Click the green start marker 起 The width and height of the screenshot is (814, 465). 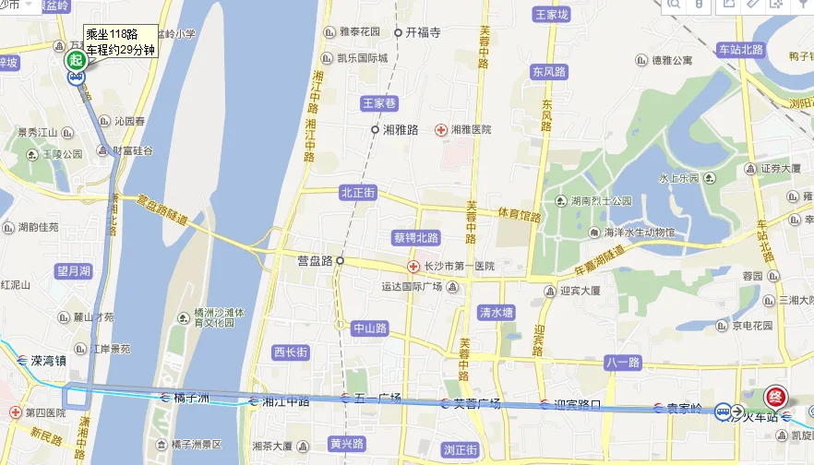pos(75,59)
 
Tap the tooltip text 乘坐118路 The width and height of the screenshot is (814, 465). pos(111,34)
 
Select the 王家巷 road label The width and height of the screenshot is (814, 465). pos(377,103)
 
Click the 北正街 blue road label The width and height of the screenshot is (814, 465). pos(357,193)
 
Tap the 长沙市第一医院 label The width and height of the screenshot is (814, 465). pos(459,266)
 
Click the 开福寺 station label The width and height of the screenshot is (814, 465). pos(423,32)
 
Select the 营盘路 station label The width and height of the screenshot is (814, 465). pos(314,261)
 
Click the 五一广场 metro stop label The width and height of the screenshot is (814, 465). pos(377,399)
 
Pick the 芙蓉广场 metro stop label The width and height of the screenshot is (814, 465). pos(476,403)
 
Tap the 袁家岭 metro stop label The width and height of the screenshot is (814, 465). pos(685,407)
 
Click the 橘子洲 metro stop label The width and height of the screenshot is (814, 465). pos(192,398)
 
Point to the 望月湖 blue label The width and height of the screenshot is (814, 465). pos(74,270)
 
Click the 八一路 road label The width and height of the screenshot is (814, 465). pos(622,362)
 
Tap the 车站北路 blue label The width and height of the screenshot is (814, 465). pos(741,49)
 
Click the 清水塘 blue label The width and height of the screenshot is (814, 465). pos(496,312)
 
